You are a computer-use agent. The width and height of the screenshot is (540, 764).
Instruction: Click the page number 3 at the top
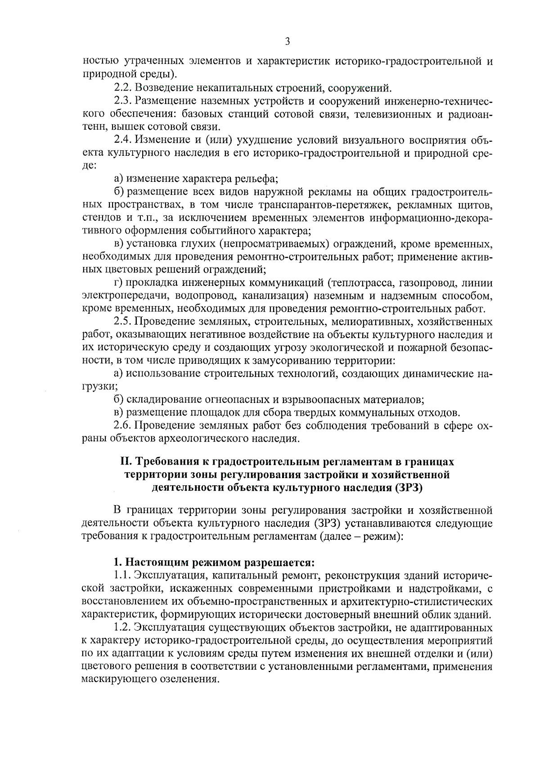point(288,42)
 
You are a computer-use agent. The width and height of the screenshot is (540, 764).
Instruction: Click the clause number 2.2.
point(122,87)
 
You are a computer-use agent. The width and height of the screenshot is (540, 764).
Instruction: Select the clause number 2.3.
point(122,100)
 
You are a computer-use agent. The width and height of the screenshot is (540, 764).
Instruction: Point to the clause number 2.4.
point(122,140)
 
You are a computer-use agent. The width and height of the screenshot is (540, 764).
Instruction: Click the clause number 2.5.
point(122,322)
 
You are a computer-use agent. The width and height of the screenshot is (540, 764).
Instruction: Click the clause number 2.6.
point(122,425)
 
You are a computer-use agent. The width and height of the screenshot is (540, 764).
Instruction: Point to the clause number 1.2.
point(122,627)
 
